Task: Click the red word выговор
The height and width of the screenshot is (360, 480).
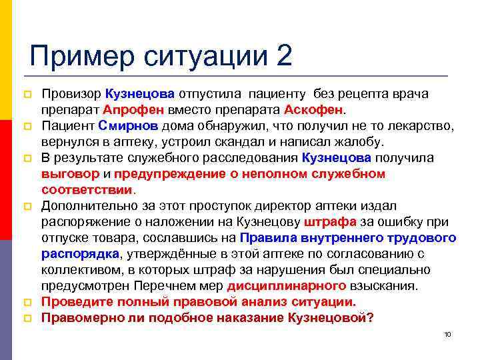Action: click(x=69, y=173)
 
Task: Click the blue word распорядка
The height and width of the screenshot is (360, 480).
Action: click(x=80, y=254)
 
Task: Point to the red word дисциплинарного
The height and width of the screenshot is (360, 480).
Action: click(x=287, y=286)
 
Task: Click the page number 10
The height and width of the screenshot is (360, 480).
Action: click(x=447, y=335)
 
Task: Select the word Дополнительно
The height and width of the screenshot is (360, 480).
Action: click(x=86, y=206)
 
